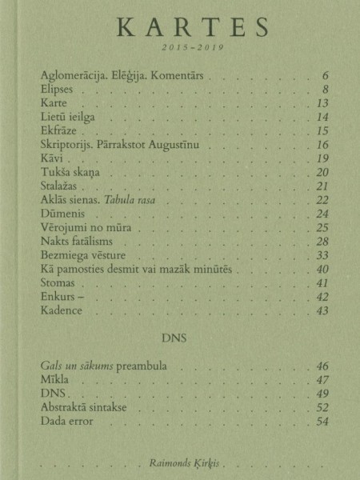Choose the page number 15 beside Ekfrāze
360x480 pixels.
[x=323, y=131]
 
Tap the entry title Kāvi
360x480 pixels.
[x=51, y=159]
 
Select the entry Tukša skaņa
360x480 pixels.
[x=71, y=173]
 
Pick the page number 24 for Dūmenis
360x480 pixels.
[x=323, y=214]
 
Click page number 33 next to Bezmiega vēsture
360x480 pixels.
[x=323, y=255]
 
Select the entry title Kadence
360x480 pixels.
[x=61, y=310]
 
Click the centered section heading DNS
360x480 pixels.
[x=180, y=338]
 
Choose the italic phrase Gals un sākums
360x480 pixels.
[x=75, y=366]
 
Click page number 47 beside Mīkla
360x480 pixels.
[x=323, y=380]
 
